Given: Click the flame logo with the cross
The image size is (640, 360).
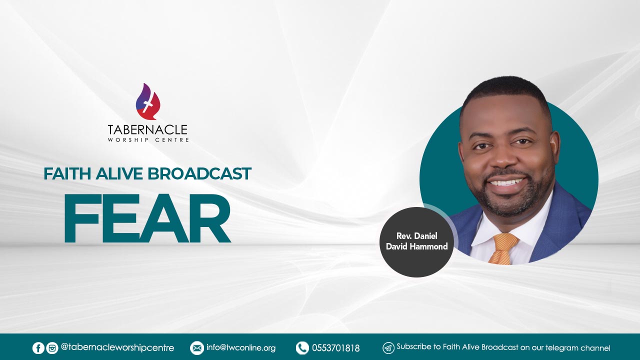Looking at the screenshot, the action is click(147, 101).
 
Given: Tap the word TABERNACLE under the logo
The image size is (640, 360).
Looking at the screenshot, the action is click(147, 130).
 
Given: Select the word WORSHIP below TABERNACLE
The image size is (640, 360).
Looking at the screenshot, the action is click(128, 140).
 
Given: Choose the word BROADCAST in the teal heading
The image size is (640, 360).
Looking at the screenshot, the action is click(199, 173).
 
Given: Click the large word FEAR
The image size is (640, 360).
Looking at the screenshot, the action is click(147, 218).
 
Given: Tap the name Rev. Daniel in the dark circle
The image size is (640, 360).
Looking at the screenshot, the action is click(417, 236).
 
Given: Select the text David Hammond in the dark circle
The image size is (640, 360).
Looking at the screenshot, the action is click(417, 246).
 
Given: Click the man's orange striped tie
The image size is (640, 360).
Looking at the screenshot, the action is click(503, 248).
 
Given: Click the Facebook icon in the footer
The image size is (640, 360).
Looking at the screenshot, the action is click(38, 348).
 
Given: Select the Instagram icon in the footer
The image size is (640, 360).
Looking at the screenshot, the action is click(52, 348).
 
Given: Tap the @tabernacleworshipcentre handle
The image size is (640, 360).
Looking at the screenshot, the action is click(117, 348).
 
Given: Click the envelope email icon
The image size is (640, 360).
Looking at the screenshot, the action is click(197, 348).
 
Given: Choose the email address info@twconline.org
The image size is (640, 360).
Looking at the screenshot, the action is click(241, 348).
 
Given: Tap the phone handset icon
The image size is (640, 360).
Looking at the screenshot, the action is click(302, 348).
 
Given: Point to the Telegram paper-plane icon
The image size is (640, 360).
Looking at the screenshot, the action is click(388, 348).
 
